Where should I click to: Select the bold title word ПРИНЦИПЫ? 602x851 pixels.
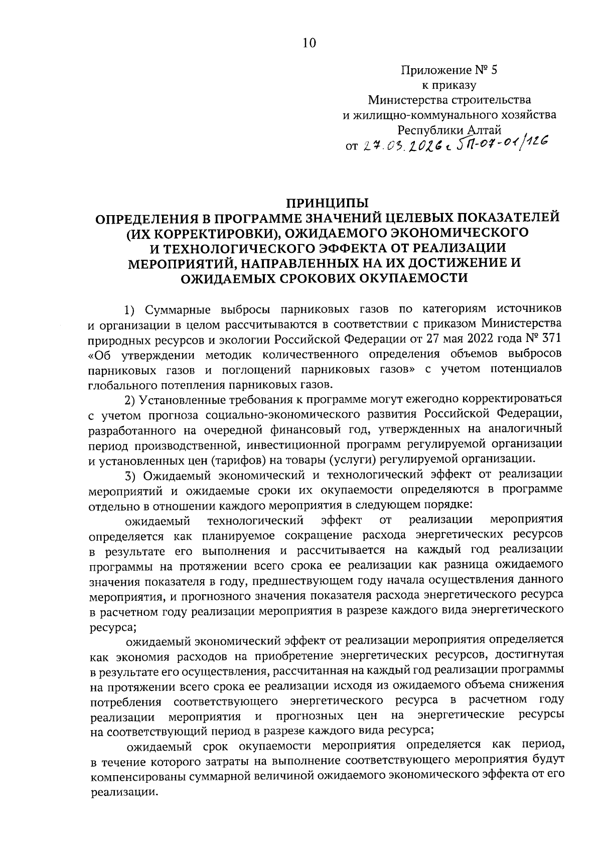pos(327,203)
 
